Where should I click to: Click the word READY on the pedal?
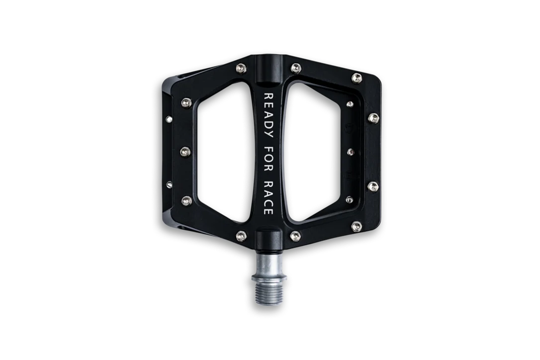[269, 115]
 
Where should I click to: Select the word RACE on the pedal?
[269, 197]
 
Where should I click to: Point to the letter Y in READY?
[269, 134]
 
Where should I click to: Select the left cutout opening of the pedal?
[226, 152]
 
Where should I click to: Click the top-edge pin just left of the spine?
[241, 69]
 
